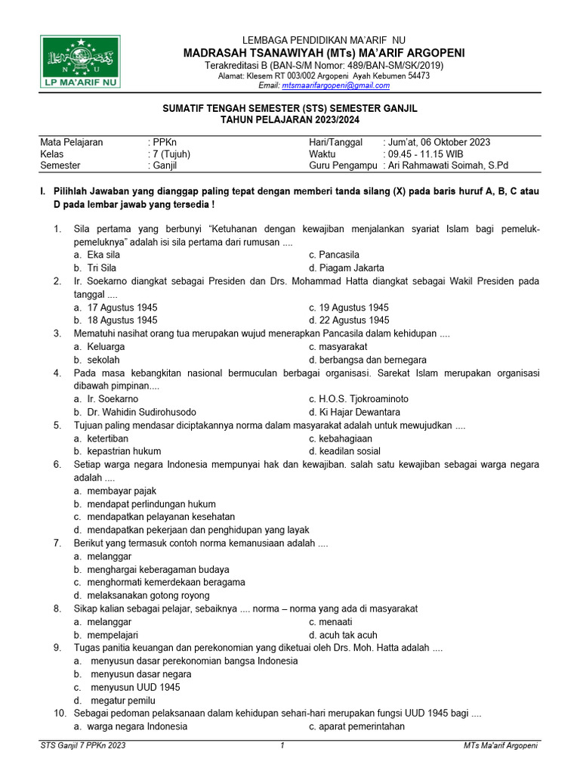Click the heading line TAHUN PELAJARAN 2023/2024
pyautogui.click(x=290, y=119)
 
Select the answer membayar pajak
pyautogui.click(x=116, y=491)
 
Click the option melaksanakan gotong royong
pyautogui.click(x=143, y=596)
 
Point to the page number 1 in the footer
pyautogui.click(x=282, y=747)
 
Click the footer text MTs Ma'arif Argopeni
pyautogui.click(x=500, y=747)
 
